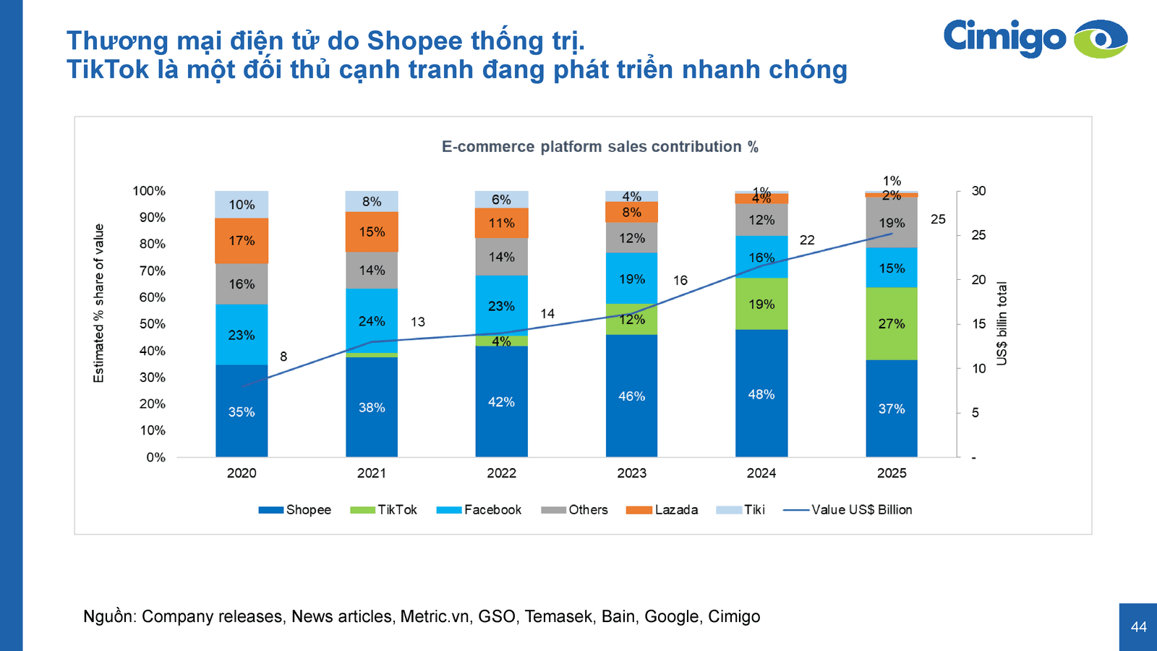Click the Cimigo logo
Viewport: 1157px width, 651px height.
(1035, 38)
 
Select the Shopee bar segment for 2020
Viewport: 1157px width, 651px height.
(242, 411)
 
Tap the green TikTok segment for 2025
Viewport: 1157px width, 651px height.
(892, 323)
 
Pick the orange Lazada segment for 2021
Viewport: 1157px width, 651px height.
(372, 231)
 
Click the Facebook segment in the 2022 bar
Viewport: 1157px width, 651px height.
(501, 305)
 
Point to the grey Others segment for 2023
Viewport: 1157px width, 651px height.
(631, 237)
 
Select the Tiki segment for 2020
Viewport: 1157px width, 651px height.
(242, 205)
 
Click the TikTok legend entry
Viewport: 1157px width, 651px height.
(383, 510)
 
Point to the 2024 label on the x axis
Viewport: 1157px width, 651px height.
(761, 473)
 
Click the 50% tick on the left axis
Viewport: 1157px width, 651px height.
(153, 324)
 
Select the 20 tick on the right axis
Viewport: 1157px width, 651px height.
(978, 280)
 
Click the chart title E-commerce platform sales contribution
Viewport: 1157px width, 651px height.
(599, 147)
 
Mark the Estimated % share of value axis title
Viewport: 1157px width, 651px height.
(99, 303)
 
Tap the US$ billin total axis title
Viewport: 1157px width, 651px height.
(1002, 323)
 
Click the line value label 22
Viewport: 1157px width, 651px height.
(807, 240)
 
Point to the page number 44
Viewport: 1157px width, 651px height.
(1138, 627)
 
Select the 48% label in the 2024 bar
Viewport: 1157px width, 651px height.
(761, 394)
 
